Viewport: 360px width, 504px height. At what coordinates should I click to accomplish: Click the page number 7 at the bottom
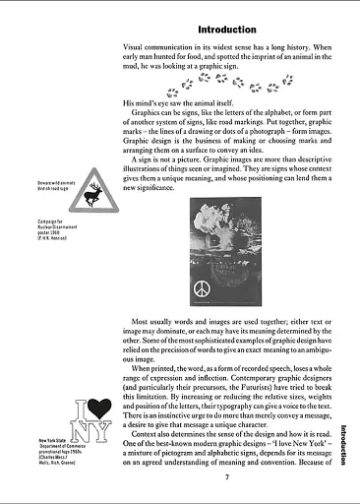click(x=226, y=477)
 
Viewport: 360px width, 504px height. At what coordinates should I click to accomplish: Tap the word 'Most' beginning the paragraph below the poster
click(x=145, y=322)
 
